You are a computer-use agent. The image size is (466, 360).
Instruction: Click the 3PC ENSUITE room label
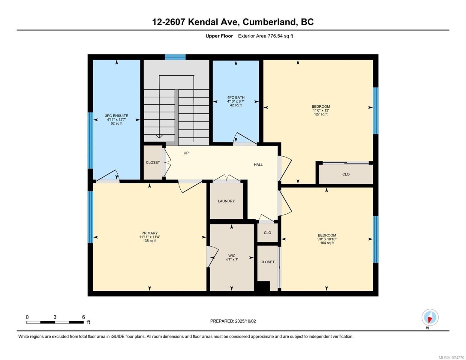pyautogui.click(x=116, y=116)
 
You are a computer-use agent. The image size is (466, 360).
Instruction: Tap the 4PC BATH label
pyautogui.click(x=236, y=97)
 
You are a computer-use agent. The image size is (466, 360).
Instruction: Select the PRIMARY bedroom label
pyautogui.click(x=149, y=233)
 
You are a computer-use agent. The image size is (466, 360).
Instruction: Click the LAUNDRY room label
pyautogui.click(x=226, y=201)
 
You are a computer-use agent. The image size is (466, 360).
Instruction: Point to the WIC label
pyautogui.click(x=232, y=256)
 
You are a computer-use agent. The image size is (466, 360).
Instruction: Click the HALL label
pyautogui.click(x=258, y=165)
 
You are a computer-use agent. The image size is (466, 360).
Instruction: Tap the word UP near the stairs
pyautogui.click(x=186, y=153)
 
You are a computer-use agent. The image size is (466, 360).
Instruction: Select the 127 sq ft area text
pyautogui.click(x=320, y=114)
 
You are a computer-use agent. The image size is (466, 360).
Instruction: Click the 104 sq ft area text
pyautogui.click(x=327, y=243)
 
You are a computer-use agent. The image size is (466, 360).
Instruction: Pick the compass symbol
pyautogui.click(x=430, y=317)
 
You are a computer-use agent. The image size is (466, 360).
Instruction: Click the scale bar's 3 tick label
pyautogui.click(x=55, y=317)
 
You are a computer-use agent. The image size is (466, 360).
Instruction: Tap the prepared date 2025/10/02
pyautogui.click(x=245, y=321)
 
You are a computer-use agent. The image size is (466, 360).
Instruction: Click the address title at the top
pyautogui.click(x=233, y=22)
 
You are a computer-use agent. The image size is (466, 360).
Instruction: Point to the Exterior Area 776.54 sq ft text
pyautogui.click(x=265, y=36)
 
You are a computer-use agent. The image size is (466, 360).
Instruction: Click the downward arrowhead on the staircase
pyautogui.click(x=159, y=136)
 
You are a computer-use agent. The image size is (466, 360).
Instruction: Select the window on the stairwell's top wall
pyautogui.click(x=175, y=57)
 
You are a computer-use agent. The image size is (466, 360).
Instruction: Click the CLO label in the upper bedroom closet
pyautogui.click(x=346, y=174)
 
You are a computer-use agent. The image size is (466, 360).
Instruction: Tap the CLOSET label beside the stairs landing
pyautogui.click(x=153, y=163)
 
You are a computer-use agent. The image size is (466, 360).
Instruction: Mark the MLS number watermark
pyautogui.click(x=451, y=358)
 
